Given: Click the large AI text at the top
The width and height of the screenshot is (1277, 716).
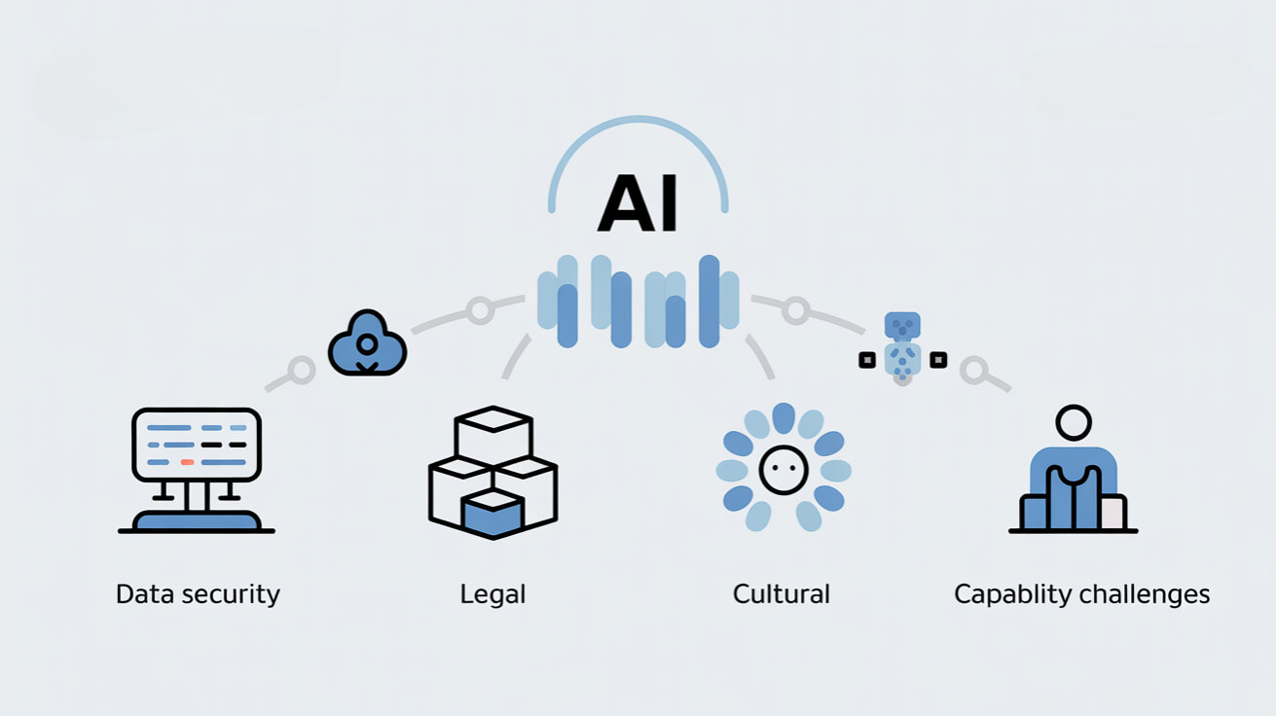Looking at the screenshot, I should [638, 205].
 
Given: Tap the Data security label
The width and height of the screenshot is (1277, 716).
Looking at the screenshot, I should [198, 594].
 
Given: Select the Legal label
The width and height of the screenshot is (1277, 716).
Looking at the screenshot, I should [493, 594].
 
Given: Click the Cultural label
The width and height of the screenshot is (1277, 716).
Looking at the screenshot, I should [781, 594].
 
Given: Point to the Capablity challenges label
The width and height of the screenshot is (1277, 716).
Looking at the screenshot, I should [1081, 594].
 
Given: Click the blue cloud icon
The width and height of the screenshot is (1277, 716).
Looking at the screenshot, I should [367, 344].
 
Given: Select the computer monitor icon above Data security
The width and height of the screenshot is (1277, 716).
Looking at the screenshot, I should [197, 445].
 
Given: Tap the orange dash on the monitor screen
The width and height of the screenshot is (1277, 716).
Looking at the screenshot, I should [188, 461].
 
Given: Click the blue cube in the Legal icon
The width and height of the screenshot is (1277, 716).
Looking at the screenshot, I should [493, 515].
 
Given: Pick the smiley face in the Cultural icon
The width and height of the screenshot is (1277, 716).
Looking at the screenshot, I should [784, 470].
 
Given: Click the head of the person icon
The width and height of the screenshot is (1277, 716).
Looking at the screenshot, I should [1074, 423].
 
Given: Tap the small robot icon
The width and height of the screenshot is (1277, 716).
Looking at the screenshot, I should [902, 345].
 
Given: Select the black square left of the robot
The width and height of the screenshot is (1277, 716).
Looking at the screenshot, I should [867, 360].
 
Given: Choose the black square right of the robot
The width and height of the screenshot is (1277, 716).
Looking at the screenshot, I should [938, 360].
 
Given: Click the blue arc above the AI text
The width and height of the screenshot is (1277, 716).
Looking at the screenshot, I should [638, 136].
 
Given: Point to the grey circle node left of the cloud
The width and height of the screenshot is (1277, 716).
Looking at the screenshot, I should [302, 371].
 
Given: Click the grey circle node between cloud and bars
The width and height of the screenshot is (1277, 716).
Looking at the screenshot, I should [479, 310].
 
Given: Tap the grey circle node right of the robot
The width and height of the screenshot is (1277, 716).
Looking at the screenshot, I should [973, 370].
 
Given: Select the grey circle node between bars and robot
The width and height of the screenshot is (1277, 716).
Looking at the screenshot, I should [796, 310].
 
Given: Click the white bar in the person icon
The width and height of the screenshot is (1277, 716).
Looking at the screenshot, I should [1112, 512].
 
